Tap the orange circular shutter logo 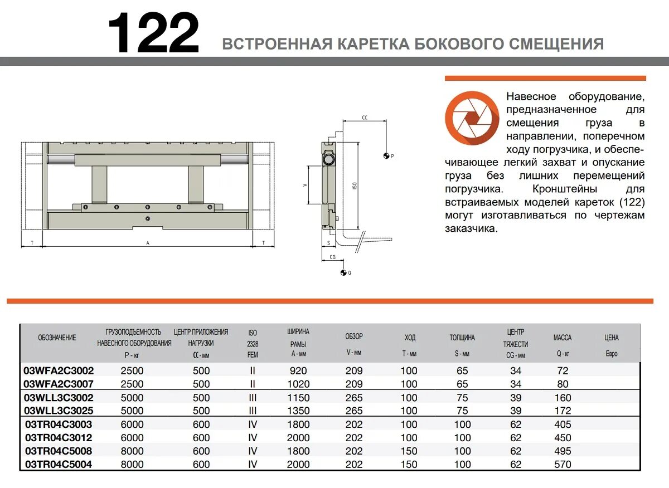[472, 118]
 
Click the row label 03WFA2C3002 [59, 370]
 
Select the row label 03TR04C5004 [59, 464]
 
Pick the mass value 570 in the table [563, 464]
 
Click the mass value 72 [563, 370]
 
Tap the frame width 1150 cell [298, 398]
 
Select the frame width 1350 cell [298, 411]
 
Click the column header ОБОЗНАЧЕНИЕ [57, 338]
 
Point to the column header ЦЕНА [611, 338]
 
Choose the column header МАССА [562, 338]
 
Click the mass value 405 [563, 424]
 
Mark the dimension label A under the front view [148, 243]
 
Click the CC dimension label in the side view [365, 118]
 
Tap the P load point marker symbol [386, 156]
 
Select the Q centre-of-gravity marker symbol [343, 272]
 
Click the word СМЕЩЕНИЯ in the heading [563, 43]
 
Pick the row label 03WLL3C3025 [59, 411]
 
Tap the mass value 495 [563, 451]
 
